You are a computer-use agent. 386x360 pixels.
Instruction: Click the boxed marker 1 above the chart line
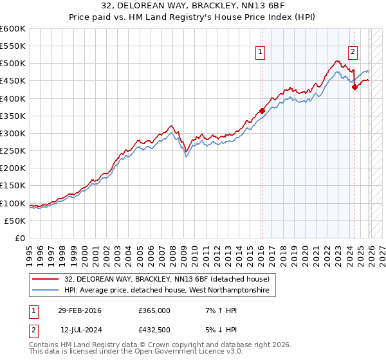tap(260, 53)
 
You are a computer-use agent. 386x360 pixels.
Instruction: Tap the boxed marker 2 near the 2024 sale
tap(353, 53)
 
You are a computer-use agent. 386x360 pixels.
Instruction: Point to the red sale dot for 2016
tap(262, 111)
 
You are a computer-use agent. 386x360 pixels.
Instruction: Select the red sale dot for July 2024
tap(354, 87)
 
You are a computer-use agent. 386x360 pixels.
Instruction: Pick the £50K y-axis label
tap(15, 221)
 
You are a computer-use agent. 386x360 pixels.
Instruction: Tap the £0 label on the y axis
tap(20, 238)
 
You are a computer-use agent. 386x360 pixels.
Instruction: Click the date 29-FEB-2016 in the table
tap(79, 310)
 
